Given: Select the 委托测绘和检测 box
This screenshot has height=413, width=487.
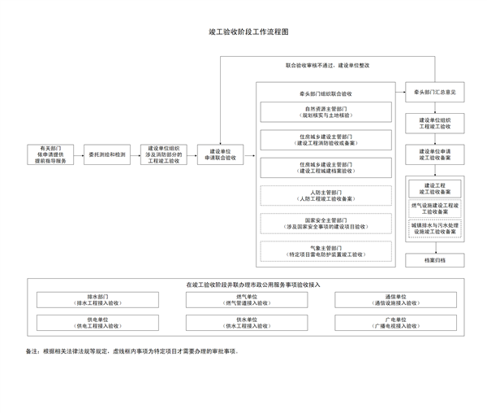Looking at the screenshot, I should [x=107, y=154].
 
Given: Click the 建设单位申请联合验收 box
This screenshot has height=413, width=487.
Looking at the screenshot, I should [x=221, y=154].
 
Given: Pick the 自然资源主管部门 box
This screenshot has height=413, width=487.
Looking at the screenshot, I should [x=327, y=112].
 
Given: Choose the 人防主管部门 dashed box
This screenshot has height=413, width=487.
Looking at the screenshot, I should [x=327, y=195].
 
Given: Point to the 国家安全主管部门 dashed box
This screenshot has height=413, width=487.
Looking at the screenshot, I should [x=327, y=224].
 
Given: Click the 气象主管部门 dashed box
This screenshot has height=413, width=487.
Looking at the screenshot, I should [x=327, y=251].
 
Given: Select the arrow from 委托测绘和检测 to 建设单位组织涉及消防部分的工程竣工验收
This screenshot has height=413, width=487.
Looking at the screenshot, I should [x=133, y=154].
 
